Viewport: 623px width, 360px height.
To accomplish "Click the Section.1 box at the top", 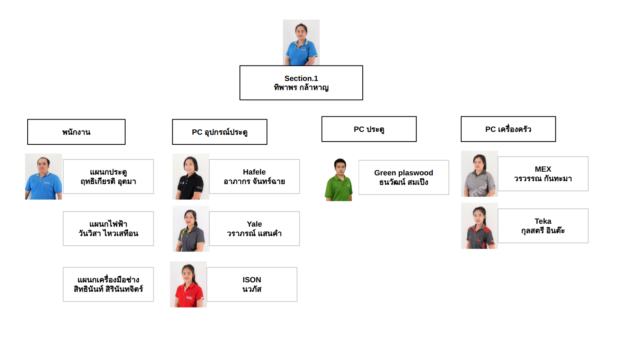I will pos(301,83).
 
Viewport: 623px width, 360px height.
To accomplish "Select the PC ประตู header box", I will pos(369,129).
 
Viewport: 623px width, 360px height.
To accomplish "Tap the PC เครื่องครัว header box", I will pos(508,129).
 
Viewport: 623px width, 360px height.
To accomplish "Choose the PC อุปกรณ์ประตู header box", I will pos(220,132).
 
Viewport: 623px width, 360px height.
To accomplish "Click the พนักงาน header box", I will pos(76,132).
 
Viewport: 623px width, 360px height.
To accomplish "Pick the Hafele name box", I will pos(254,177).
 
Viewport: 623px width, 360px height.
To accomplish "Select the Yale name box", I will pos(254,229).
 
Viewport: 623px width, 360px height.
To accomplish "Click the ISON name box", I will pos(252,284).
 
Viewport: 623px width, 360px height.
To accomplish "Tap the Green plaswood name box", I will pos(403,177).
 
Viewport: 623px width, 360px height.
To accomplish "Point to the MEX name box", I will pos(542,174).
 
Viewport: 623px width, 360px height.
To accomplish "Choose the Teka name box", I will pos(542,226).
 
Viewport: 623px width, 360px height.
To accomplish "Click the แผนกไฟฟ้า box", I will pos(108,229).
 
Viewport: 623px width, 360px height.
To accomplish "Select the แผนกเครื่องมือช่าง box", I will pos(108,284).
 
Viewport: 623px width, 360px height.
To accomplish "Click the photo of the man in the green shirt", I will pos(339,179).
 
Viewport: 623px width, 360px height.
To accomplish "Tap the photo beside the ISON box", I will pos(188,284).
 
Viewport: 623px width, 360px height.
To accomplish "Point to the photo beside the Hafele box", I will pos(191,177).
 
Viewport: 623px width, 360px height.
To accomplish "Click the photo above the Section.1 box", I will pos(301,42).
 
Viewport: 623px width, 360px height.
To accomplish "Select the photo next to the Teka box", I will pos(479,226).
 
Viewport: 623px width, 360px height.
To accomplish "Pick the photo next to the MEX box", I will pos(479,174).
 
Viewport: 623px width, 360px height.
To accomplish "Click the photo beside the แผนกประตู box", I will pos(44,177).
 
